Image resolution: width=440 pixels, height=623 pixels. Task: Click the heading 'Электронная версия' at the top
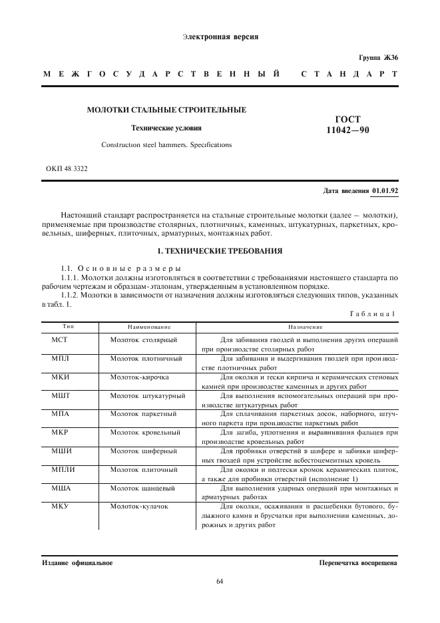pos(220,37)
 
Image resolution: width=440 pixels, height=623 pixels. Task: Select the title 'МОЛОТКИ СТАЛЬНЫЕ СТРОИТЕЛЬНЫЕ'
pos(166,109)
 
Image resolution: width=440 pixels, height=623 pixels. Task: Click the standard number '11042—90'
pos(344,130)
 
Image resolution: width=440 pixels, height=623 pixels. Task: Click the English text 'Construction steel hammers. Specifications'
pos(166,144)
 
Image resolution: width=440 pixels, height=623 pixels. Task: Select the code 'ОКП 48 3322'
pos(67,168)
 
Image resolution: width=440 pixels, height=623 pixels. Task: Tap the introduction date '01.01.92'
pos(385,191)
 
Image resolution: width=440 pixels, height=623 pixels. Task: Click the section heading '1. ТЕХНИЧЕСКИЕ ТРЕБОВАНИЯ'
pos(219,251)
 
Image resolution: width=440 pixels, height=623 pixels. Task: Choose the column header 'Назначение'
pos(305,327)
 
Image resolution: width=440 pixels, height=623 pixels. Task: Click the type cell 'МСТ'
pos(60,339)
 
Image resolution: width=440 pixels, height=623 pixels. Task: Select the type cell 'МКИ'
pos(61,377)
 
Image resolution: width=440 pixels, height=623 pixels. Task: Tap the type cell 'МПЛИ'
pos(63,470)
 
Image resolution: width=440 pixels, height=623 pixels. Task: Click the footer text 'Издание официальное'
pos(77,563)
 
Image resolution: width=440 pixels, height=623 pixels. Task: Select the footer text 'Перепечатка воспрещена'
pos(358,563)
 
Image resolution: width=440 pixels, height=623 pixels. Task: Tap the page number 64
pos(220,582)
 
